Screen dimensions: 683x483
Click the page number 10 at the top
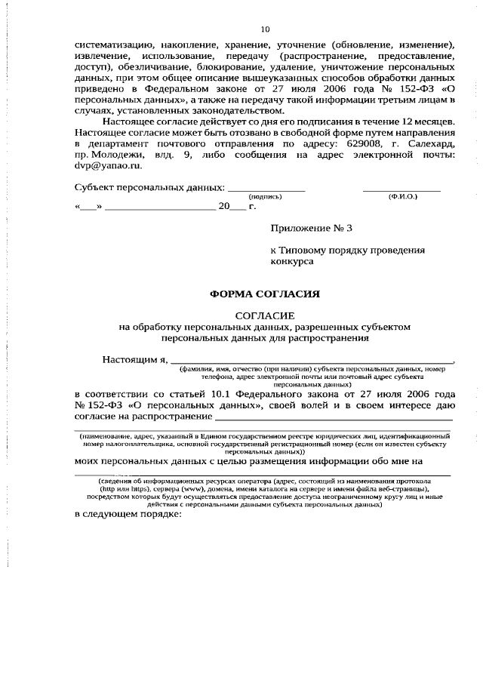pyautogui.click(x=265, y=29)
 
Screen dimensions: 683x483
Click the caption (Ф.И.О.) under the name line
pyautogui.click(x=402, y=196)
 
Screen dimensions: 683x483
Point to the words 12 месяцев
pyautogui.click(x=429, y=121)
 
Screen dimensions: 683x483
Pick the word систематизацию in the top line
pyautogui.click(x=115, y=45)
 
